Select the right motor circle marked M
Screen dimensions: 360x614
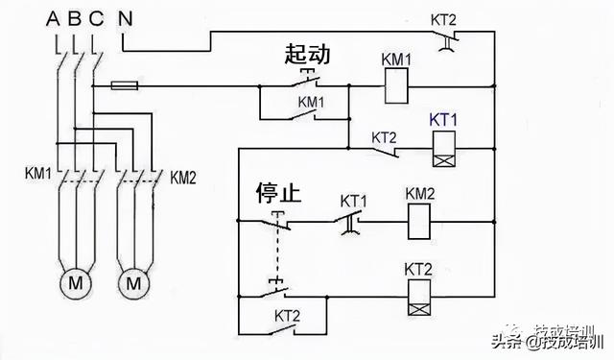(x=133, y=284)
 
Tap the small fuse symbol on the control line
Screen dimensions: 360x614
(x=122, y=85)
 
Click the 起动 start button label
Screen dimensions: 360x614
(x=307, y=55)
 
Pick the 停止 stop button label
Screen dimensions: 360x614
(x=278, y=193)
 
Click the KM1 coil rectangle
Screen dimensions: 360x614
(x=396, y=88)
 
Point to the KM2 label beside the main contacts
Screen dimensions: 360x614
(x=186, y=177)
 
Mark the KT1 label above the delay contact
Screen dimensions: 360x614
(x=355, y=200)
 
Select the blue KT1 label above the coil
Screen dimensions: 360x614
(x=443, y=119)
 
